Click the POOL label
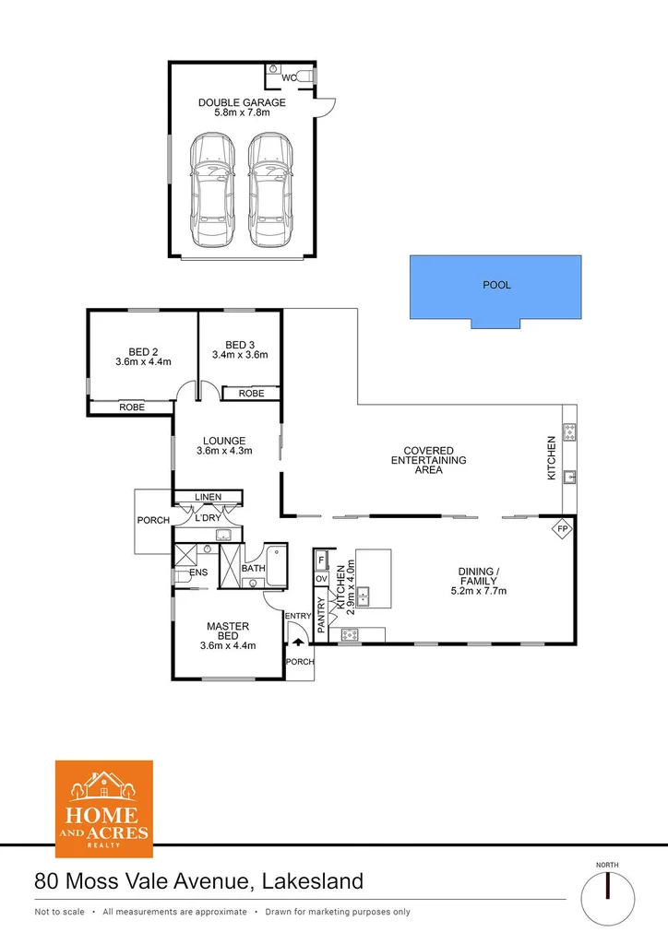496,285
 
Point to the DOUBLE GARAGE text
242,102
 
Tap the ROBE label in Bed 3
251,394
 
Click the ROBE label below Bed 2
132,407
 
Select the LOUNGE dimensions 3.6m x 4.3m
224,451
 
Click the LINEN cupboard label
208,497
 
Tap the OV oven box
321,578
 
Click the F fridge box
321,560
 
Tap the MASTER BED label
227,631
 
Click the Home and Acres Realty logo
104,803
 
